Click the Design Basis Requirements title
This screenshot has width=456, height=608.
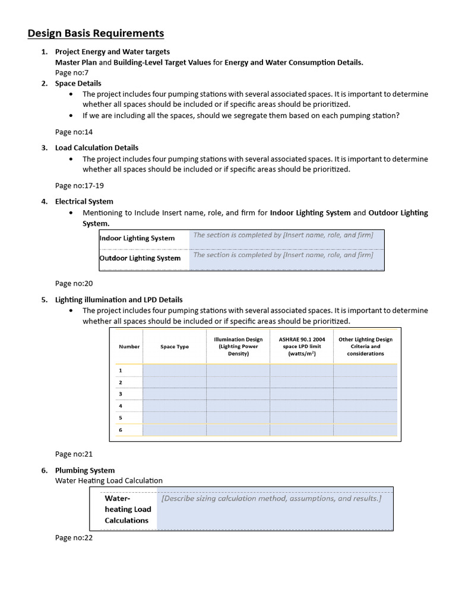tap(96, 33)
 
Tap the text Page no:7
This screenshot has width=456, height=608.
tap(72, 72)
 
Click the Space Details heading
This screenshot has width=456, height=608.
tap(78, 83)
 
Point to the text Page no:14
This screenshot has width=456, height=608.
tap(74, 132)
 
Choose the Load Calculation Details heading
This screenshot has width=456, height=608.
tap(96, 147)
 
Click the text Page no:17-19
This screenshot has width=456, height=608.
tap(79, 185)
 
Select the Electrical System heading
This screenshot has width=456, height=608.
tap(84, 201)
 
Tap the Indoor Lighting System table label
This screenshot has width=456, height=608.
tap(137, 238)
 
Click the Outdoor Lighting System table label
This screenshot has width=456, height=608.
tap(140, 258)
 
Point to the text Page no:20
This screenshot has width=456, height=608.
tap(74, 284)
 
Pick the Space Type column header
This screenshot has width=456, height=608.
tap(175, 347)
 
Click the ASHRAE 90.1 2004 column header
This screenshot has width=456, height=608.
tap(302, 347)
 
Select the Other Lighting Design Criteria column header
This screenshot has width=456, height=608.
tap(365, 347)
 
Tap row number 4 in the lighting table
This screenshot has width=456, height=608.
tap(121, 406)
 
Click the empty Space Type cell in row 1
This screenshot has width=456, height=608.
tap(175, 370)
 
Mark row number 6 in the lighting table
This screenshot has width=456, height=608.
tap(121, 430)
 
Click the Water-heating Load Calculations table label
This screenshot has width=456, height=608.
tap(128, 509)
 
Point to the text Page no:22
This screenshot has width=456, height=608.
tap(74, 537)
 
